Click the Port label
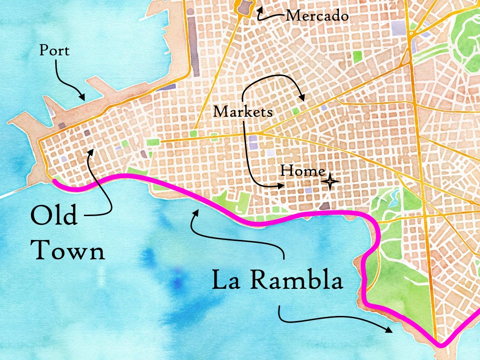(x=54, y=50)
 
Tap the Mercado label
(x=317, y=16)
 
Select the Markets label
(x=243, y=112)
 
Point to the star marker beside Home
(x=330, y=181)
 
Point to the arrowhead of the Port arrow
(x=83, y=97)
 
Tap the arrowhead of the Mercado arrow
(x=259, y=9)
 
